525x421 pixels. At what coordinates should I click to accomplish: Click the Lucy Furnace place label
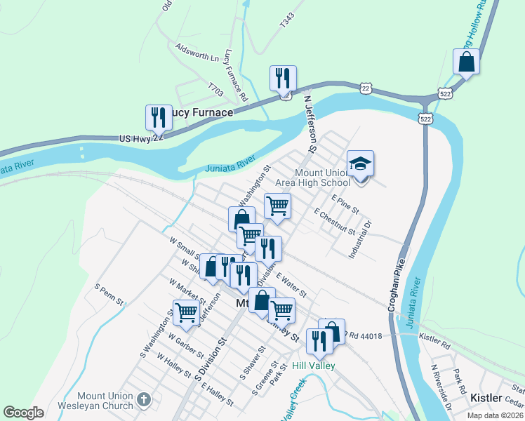click(x=202, y=112)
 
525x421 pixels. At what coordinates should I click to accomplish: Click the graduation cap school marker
click(x=361, y=164)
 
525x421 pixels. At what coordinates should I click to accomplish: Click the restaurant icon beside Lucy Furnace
click(x=158, y=117)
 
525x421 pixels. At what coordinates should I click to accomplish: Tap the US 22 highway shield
click(x=366, y=88)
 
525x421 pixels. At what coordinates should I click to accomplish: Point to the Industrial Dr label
click(x=359, y=239)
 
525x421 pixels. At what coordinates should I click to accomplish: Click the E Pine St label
click(x=345, y=205)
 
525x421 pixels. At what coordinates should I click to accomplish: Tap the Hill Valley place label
click(x=314, y=366)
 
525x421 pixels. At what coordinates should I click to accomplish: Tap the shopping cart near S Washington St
click(x=186, y=312)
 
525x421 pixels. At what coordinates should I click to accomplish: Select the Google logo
click(x=23, y=413)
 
